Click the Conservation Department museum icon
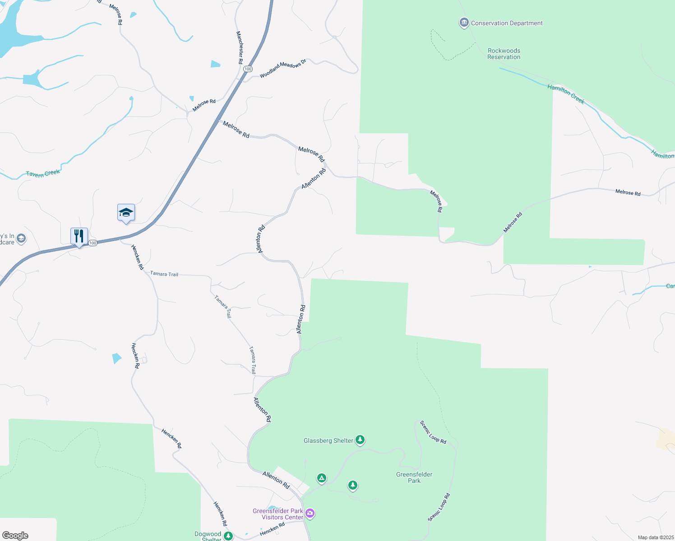click(x=464, y=23)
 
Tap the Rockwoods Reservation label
click(x=504, y=54)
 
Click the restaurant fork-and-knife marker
click(x=79, y=236)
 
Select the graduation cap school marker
click(x=126, y=212)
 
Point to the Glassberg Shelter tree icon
click(x=360, y=440)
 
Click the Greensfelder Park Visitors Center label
click(x=278, y=514)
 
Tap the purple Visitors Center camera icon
click(x=310, y=513)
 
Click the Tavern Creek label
click(x=43, y=174)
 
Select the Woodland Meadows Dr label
click(x=283, y=69)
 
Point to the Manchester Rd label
click(x=240, y=47)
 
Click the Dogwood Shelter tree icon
click(x=228, y=536)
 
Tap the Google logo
click(x=15, y=536)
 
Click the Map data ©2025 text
click(x=655, y=537)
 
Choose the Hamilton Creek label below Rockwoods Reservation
click(x=566, y=94)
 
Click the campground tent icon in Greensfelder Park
click(x=321, y=478)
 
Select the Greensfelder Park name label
click(x=414, y=477)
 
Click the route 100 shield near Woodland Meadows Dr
click(x=247, y=69)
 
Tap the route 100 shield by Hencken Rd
click(x=92, y=243)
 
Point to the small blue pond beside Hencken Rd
click(x=116, y=358)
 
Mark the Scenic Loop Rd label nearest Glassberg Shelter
click(x=433, y=432)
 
